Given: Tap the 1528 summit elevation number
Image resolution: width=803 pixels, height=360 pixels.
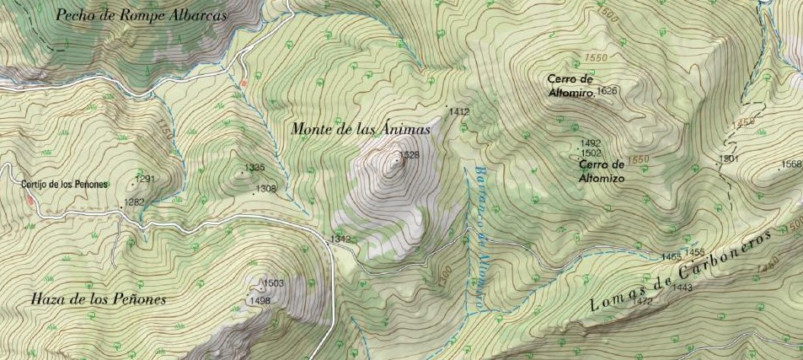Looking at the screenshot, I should click(x=409, y=155).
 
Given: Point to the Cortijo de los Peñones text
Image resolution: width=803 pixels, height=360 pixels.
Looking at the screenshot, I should click(x=66, y=184).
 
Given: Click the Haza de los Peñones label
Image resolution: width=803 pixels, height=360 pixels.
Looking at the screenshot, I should click(x=98, y=299).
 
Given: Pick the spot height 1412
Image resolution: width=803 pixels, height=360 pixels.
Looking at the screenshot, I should click(x=459, y=111).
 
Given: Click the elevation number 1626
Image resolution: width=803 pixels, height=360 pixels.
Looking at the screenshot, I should click(x=607, y=90).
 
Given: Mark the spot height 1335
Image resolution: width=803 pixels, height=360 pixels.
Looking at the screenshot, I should click(x=254, y=168).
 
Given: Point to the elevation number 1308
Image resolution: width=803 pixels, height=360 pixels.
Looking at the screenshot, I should click(x=266, y=188).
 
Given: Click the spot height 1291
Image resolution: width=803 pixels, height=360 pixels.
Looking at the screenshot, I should click(x=146, y=179).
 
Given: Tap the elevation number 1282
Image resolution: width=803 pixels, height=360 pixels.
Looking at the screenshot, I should click(x=133, y=201).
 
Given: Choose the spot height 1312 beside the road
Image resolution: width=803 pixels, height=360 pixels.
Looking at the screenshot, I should click(x=340, y=239).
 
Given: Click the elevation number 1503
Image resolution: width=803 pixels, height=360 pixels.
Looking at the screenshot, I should click(x=274, y=283).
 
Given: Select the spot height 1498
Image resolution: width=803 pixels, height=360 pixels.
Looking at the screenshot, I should click(x=260, y=300).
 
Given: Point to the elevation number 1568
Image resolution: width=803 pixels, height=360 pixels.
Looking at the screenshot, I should click(x=791, y=164).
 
